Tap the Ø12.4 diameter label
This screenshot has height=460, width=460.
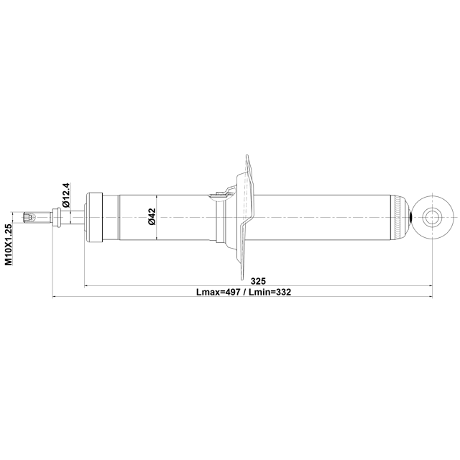pyautogui.click(x=65, y=195)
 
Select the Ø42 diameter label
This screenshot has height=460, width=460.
pyautogui.click(x=152, y=217)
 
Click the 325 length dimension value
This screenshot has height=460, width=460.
pyautogui.click(x=259, y=280)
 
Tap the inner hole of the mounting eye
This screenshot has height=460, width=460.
pyautogui.click(x=433, y=217)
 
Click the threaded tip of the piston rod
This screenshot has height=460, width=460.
pyautogui.click(x=29, y=217)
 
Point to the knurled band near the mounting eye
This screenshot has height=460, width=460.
pyautogui.click(x=400, y=217)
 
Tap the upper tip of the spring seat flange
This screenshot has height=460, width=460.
pyautogui.click(x=247, y=157)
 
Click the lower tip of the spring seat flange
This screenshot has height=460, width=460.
pyautogui.click(x=247, y=277)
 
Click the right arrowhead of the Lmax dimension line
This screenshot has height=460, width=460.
pyautogui.click(x=430, y=296)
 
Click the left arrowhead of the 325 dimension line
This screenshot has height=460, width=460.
pyautogui.click(x=88, y=286)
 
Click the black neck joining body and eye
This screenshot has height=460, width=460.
pyautogui.click(x=410, y=217)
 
